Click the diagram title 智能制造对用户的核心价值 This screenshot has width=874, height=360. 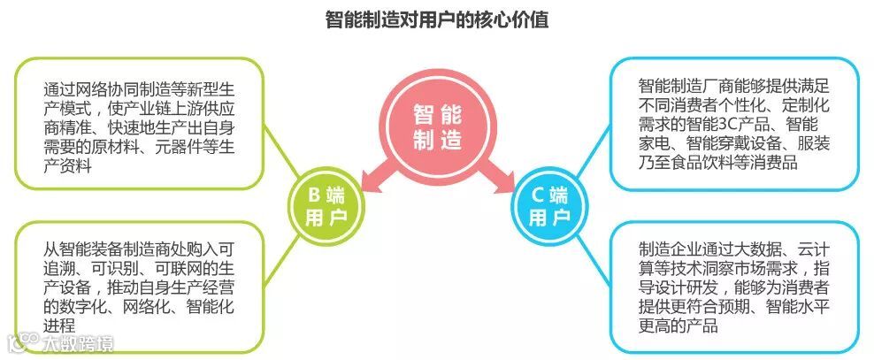click(436, 19)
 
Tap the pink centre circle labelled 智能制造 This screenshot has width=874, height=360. click(437, 127)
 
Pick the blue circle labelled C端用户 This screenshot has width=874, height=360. click(548, 206)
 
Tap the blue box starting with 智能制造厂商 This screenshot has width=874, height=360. click(733, 123)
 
